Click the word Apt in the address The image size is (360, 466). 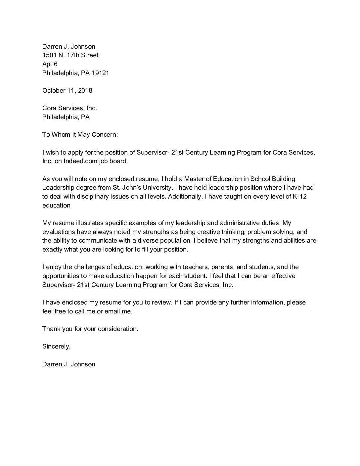pos(47,64)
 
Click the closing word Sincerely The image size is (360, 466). pos(56,347)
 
